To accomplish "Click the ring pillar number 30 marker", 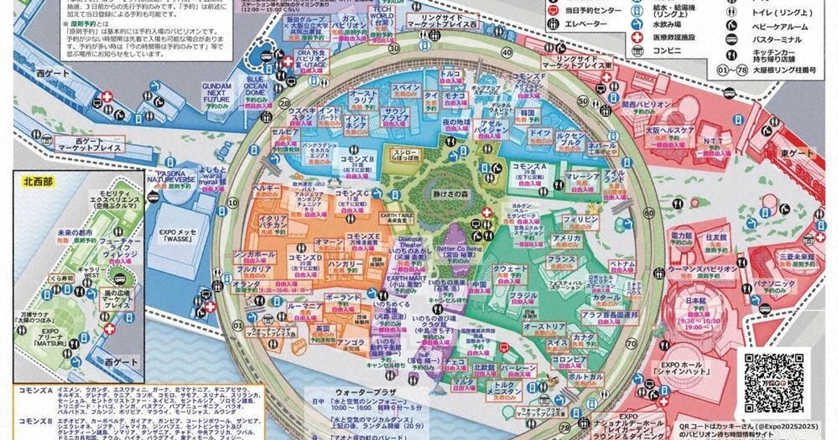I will tap(395, 48).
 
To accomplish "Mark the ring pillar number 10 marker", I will tap(233, 203).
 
